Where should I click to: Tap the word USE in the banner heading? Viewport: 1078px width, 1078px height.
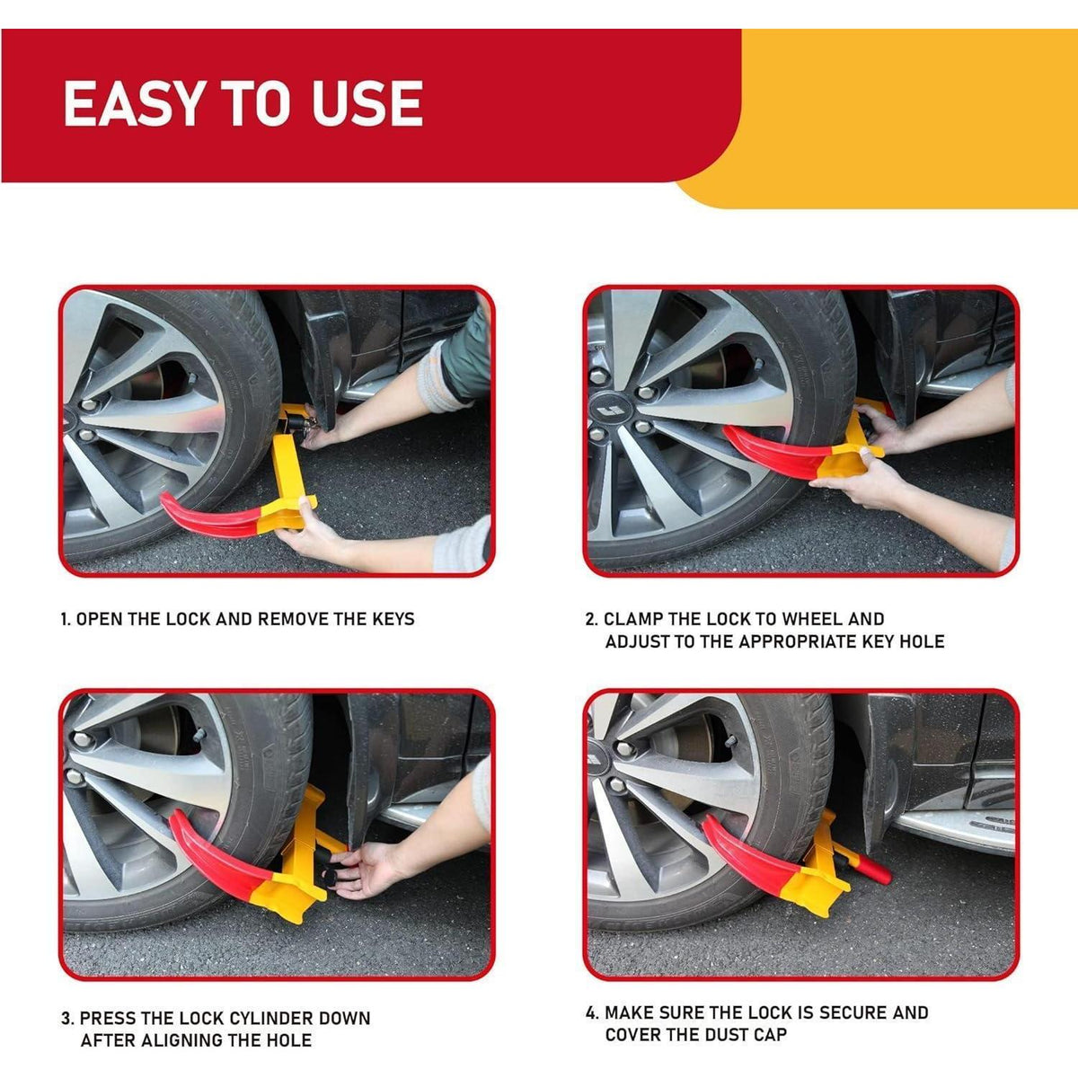tap(367, 103)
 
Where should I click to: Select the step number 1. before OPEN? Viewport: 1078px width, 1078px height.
tap(66, 619)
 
